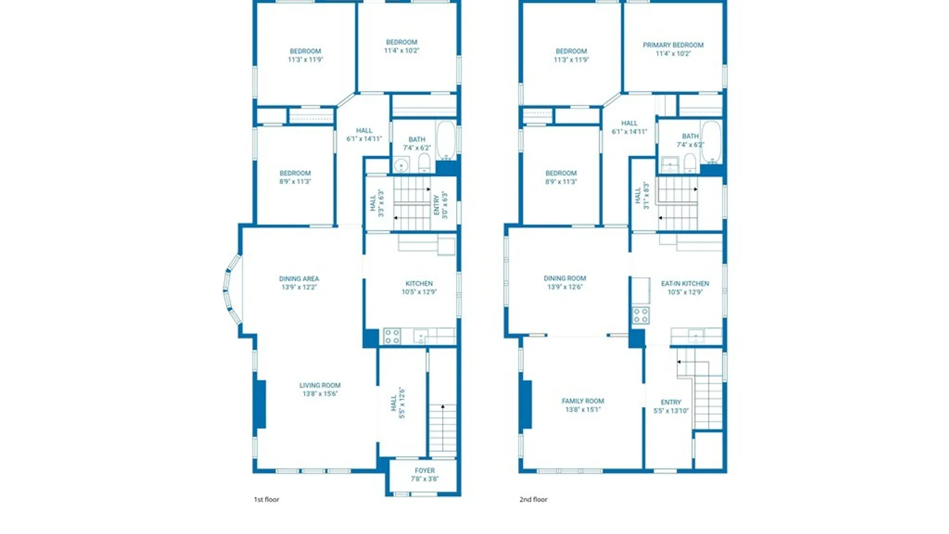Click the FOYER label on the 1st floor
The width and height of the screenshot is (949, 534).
pyautogui.click(x=425, y=471)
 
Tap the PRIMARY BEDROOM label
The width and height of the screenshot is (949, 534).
pyautogui.click(x=673, y=45)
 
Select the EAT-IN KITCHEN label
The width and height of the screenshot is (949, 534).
pyautogui.click(x=685, y=284)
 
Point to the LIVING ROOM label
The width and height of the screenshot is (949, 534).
pyautogui.click(x=320, y=386)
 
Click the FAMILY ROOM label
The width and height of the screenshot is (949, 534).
pyautogui.click(x=583, y=401)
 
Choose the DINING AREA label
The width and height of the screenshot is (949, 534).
pyautogui.click(x=299, y=279)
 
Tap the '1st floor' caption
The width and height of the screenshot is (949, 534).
pyautogui.click(x=266, y=499)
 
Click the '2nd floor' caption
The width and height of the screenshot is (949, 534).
pyautogui.click(x=533, y=499)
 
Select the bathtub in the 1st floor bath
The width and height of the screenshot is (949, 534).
pyautogui.click(x=446, y=140)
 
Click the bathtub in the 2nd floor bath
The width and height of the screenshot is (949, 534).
pyautogui.click(x=712, y=142)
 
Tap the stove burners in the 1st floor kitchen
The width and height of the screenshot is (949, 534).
pyautogui.click(x=392, y=337)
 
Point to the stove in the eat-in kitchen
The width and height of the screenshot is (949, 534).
pyautogui.click(x=641, y=315)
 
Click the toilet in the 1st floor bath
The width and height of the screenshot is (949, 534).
pyautogui.click(x=424, y=163)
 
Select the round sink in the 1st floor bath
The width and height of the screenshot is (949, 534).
pyautogui.click(x=401, y=165)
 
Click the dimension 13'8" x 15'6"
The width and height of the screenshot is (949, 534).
pyautogui.click(x=320, y=394)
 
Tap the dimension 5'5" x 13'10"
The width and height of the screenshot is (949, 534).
pyautogui.click(x=671, y=411)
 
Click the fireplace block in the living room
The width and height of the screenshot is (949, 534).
pyautogui.click(x=260, y=404)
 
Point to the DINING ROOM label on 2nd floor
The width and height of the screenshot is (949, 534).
pyautogui.click(x=565, y=279)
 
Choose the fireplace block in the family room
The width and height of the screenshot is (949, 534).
pyautogui.click(x=526, y=404)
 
